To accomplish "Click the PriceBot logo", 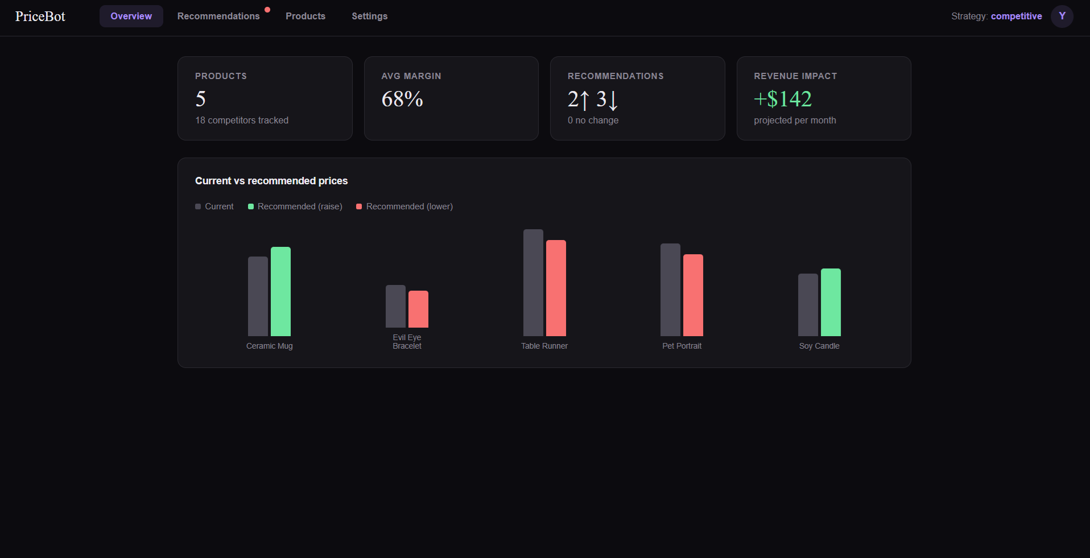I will point(40,16).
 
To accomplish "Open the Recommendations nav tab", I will point(218,16).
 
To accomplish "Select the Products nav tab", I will point(305,16).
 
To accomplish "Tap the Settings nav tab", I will point(369,16).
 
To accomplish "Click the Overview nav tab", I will point(131,16).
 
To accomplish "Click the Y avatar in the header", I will point(1062,16).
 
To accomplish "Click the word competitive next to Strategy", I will point(1016,16).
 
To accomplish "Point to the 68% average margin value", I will point(402,100).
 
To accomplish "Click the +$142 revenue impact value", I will point(783,100).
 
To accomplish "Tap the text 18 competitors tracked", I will point(242,121).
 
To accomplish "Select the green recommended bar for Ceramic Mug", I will point(280,291).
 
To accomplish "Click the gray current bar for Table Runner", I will point(533,283).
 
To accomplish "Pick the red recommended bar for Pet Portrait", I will point(693,295).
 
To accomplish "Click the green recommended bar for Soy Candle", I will point(831,302).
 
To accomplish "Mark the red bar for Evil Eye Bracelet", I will point(418,309).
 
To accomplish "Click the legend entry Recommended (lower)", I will point(409,206).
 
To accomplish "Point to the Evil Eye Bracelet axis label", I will point(407,341).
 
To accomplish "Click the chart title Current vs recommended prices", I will point(271,181).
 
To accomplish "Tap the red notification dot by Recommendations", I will point(267,10).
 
